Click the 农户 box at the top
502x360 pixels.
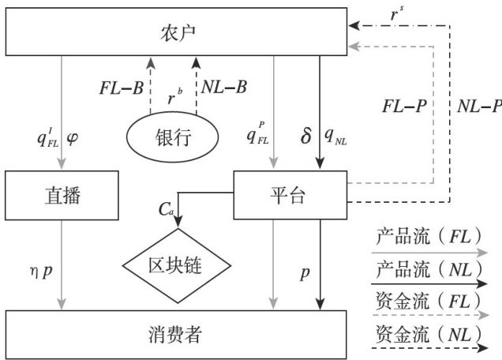176,32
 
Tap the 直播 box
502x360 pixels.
62,195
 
